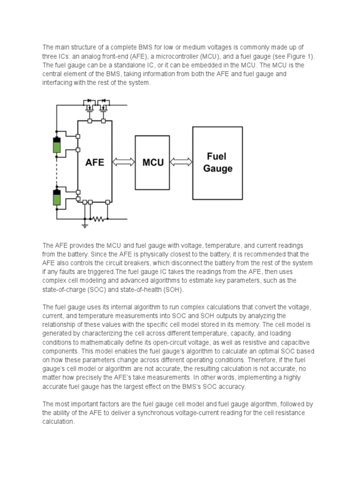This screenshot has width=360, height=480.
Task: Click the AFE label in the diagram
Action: click(94, 162)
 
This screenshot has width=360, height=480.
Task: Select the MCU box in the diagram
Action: click(153, 162)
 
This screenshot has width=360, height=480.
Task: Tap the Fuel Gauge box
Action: click(217, 162)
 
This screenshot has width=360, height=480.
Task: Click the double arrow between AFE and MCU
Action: click(124, 162)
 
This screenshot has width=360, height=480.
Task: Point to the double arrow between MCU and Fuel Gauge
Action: click(181, 162)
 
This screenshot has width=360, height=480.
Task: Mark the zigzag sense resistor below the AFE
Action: click(97, 218)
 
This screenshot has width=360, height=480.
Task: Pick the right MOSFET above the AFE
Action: click(104, 105)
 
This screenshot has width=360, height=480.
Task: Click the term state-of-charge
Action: click(65, 289)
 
